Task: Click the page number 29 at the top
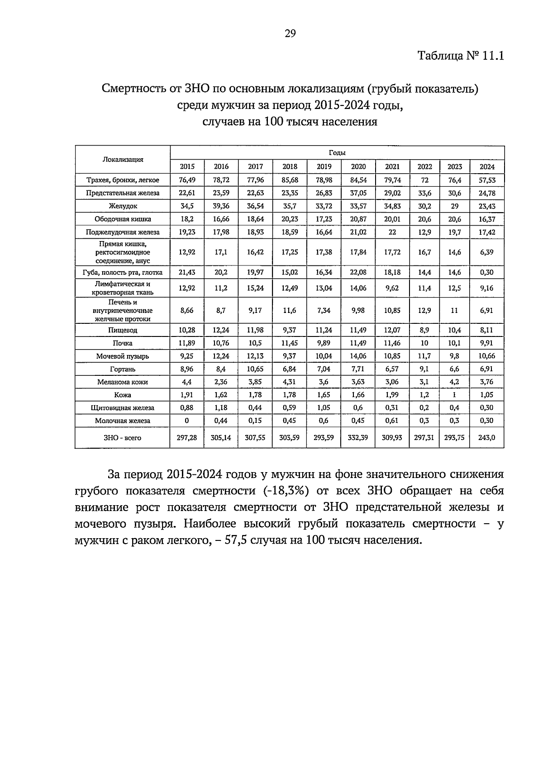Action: coord(290,33)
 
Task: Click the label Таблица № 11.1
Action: coord(460,56)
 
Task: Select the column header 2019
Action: coord(324,166)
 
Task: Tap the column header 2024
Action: coord(487,166)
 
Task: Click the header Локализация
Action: coord(123,159)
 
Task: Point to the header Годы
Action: coord(337,153)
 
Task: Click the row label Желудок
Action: coord(123,206)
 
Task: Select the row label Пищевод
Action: coord(123,330)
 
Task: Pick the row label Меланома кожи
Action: coord(123,382)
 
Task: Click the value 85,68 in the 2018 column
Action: coord(290,180)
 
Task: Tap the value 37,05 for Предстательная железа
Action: coord(358,193)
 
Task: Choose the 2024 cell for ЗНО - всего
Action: coord(487,437)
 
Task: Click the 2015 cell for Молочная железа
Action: coord(187,420)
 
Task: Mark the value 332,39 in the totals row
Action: coord(358,437)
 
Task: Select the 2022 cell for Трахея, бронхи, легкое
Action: coord(424,180)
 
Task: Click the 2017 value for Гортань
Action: coord(255,369)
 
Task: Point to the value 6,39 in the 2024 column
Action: coord(487,252)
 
